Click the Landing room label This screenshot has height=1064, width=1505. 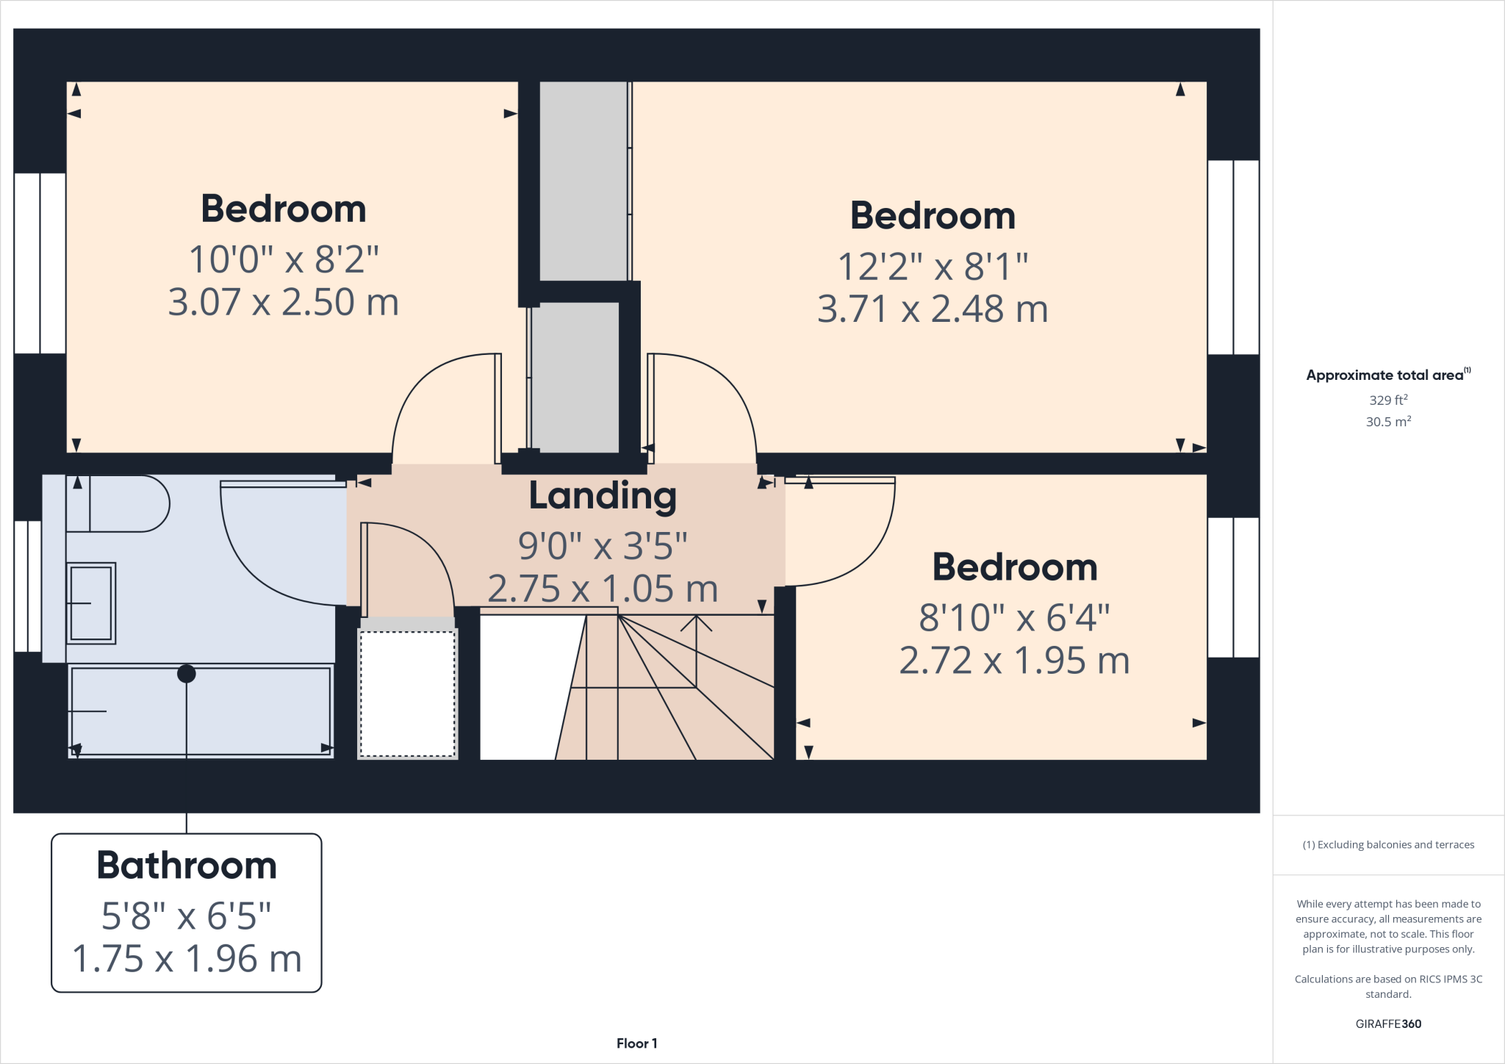coord(603,497)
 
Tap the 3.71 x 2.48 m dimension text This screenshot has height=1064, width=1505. coord(932,309)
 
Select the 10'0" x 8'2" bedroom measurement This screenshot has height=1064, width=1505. coord(284,259)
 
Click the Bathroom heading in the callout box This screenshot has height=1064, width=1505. coord(187,866)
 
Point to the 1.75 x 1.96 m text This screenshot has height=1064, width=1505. coord(187,959)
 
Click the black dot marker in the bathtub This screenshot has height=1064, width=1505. coord(187,674)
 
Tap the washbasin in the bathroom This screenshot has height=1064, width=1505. coord(91,603)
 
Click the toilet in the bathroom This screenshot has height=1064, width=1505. coord(118,503)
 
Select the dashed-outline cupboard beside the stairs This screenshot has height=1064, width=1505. coord(408,694)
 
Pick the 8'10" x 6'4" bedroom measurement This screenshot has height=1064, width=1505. coord(1014,617)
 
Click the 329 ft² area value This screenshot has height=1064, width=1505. coord(1388,400)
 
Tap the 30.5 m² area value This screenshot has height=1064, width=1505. coord(1388,422)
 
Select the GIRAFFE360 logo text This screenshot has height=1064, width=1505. coord(1388,1024)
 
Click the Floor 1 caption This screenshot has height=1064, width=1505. coord(636,1043)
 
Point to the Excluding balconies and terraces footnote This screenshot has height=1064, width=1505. coord(1388,845)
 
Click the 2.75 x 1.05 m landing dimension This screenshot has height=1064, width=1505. coord(603,589)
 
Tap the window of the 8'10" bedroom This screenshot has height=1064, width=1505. coord(1233,587)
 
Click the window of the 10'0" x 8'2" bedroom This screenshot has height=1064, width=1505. coord(40,263)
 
